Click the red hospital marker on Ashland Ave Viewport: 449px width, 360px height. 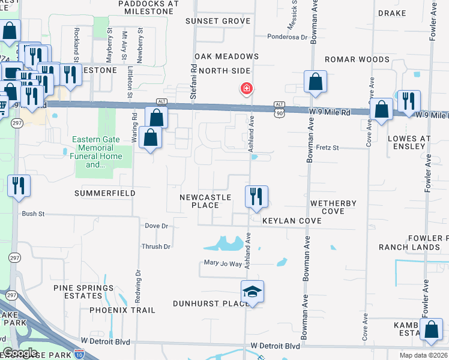click(x=246, y=89)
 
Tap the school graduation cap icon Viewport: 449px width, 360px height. click(x=253, y=292)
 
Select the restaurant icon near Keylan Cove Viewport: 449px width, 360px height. click(x=256, y=196)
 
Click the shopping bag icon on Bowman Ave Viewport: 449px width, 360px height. click(x=315, y=82)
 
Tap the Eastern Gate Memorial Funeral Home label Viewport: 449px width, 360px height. click(x=97, y=152)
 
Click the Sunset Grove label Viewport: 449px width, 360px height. click(x=209, y=21)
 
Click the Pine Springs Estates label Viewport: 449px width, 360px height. click(x=83, y=292)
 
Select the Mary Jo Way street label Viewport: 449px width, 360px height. click(x=223, y=263)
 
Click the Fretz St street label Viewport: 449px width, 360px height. click(x=328, y=148)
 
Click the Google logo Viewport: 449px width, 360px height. click(x=20, y=353)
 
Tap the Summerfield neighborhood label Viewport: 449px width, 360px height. click(x=105, y=193)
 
